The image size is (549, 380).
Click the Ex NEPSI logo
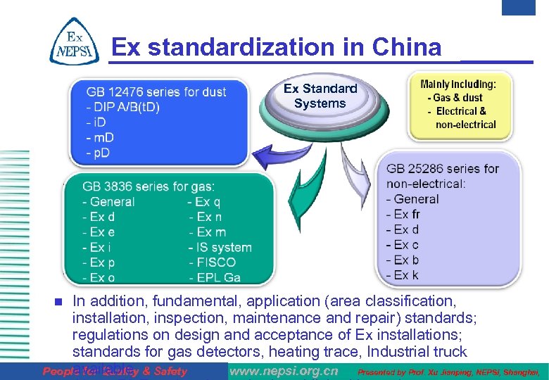70,42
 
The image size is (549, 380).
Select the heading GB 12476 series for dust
156,92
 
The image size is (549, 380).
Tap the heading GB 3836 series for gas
148,186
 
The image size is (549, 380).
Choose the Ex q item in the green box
203,202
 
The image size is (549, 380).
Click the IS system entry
220,247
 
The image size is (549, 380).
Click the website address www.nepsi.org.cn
284,372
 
